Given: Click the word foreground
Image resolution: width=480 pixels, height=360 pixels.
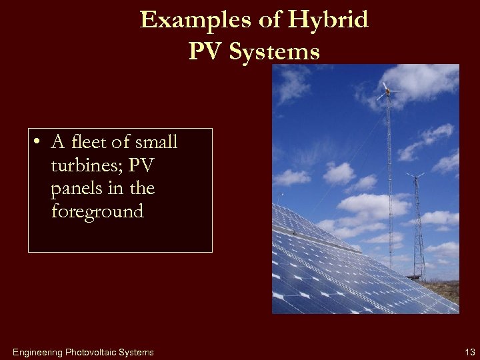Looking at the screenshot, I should coord(97,212).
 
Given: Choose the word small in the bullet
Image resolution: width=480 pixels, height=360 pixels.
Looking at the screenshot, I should coord(156,142).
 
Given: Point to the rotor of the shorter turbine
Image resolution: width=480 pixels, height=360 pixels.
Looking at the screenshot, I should coord(415,176).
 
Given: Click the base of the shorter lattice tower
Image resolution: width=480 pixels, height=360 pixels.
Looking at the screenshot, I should coord(419,275).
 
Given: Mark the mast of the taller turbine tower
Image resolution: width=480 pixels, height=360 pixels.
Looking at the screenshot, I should coord(390,180).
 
